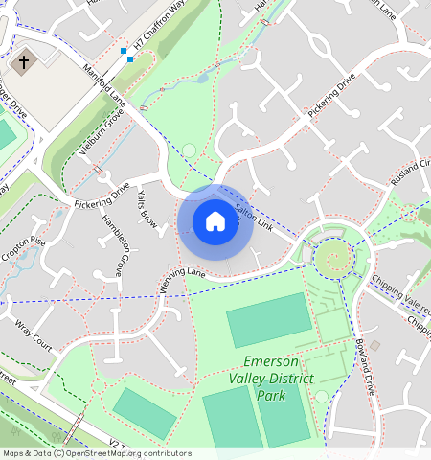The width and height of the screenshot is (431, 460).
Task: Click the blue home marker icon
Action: (x=215, y=222)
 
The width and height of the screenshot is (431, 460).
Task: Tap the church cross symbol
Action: (x=24, y=62)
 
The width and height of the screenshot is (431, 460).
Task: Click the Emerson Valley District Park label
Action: (x=273, y=378)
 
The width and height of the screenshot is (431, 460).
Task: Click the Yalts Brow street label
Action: (x=147, y=206)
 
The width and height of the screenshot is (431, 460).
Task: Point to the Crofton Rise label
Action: (x=24, y=252)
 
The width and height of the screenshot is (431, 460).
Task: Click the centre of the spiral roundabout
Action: (x=333, y=256)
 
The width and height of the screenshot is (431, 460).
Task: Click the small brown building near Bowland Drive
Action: (x=375, y=345)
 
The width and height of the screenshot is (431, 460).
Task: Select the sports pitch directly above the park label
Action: (x=269, y=326)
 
